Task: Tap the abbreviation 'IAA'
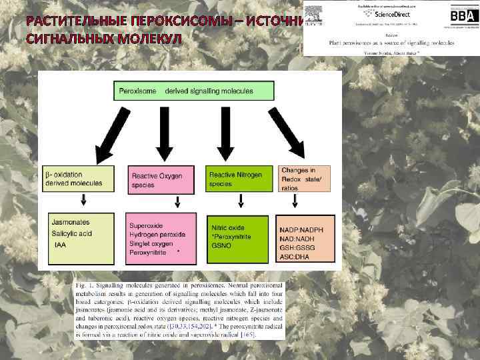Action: (61, 245)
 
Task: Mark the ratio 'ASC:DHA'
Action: (300, 256)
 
